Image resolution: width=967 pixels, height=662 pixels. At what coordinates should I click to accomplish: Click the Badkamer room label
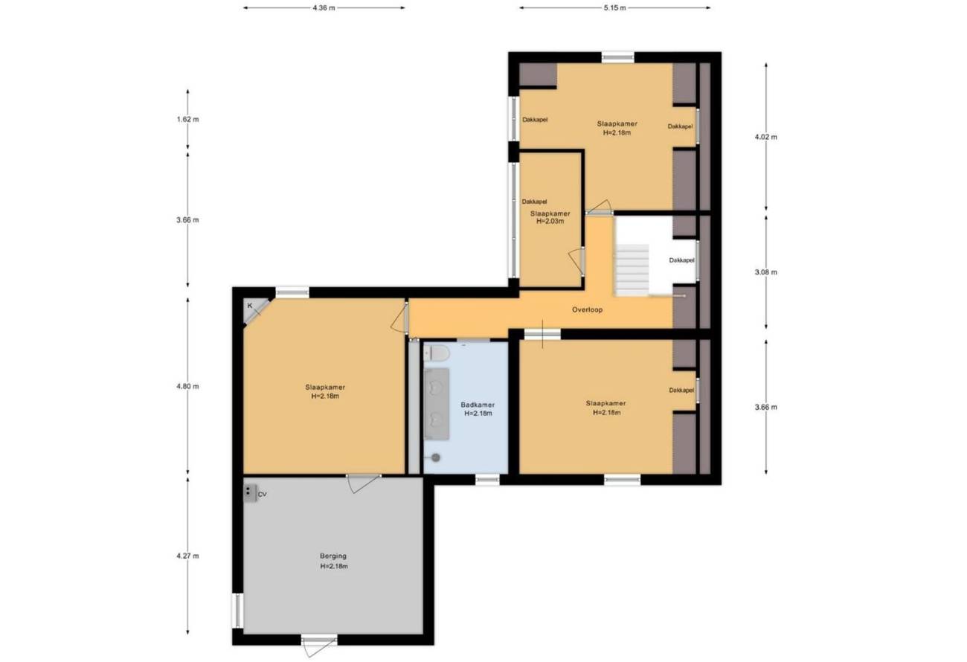pos(478,405)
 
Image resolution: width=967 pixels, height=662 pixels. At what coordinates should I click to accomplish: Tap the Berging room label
pos(332,556)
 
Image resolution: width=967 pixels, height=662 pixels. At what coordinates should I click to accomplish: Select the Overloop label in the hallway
pos(587,309)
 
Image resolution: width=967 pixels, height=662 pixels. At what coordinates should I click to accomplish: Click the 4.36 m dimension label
pos(324,7)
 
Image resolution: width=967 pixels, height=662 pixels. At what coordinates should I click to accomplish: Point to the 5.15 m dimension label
pos(614,7)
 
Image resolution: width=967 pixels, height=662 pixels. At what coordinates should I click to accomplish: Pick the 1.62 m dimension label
pos(187,119)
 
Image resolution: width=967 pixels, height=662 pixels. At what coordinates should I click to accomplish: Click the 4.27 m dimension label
pos(187,556)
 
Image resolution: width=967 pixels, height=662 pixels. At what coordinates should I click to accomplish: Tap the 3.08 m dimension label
pos(766,272)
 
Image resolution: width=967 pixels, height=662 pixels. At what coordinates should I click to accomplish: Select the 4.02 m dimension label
pos(766,137)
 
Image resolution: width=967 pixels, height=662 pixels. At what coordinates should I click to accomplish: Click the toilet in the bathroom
pos(437,353)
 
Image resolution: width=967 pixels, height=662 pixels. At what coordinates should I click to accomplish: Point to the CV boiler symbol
pos(250,493)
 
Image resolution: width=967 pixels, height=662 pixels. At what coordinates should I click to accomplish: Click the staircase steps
pos(632,270)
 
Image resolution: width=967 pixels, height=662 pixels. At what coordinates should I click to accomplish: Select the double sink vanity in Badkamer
pos(437,404)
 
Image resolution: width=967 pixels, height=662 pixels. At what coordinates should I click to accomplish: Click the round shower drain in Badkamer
pos(436,457)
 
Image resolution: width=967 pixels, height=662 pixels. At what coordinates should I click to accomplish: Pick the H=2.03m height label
pos(550,221)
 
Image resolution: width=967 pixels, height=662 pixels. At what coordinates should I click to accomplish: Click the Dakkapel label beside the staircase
pos(681,260)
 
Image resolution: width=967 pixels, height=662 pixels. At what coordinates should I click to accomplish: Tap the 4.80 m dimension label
pos(187,386)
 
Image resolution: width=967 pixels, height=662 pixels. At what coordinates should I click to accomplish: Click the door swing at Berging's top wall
pos(364,483)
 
